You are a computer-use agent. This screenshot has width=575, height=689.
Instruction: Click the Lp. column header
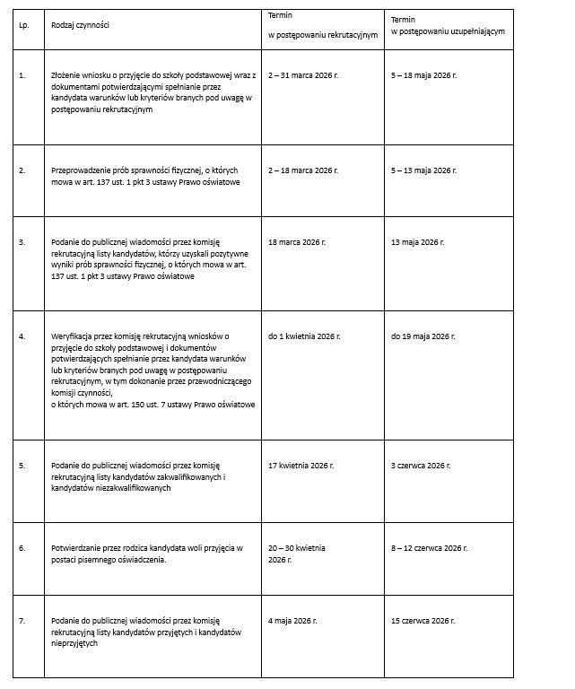point(23,25)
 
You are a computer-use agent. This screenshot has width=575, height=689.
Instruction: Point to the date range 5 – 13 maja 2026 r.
point(424,170)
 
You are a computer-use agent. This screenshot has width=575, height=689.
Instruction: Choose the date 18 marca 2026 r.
point(297,242)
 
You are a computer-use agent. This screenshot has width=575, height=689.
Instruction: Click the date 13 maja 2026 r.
point(418,242)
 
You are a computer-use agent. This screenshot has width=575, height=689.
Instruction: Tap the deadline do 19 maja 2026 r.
point(423,336)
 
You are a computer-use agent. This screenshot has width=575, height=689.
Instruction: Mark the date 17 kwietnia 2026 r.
point(301,466)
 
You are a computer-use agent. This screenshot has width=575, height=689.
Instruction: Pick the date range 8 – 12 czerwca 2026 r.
point(429,547)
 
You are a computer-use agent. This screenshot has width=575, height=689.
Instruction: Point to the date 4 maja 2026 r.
point(292,620)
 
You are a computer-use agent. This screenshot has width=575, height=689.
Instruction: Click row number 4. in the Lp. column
point(22,336)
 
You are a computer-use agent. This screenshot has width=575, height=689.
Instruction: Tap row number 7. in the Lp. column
point(22,620)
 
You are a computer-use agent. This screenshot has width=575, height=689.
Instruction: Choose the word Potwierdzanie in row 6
point(75,547)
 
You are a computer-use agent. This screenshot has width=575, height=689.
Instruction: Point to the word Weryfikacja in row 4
point(71,336)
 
